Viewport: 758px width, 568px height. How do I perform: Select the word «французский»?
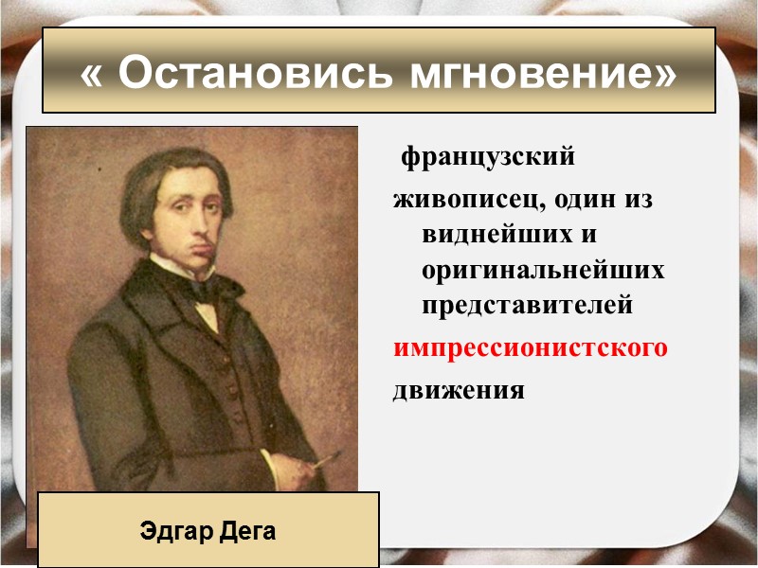pos(488,156)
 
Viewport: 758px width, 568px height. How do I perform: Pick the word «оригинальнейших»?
pos(543,271)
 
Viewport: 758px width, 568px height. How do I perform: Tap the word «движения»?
pos(459,389)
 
